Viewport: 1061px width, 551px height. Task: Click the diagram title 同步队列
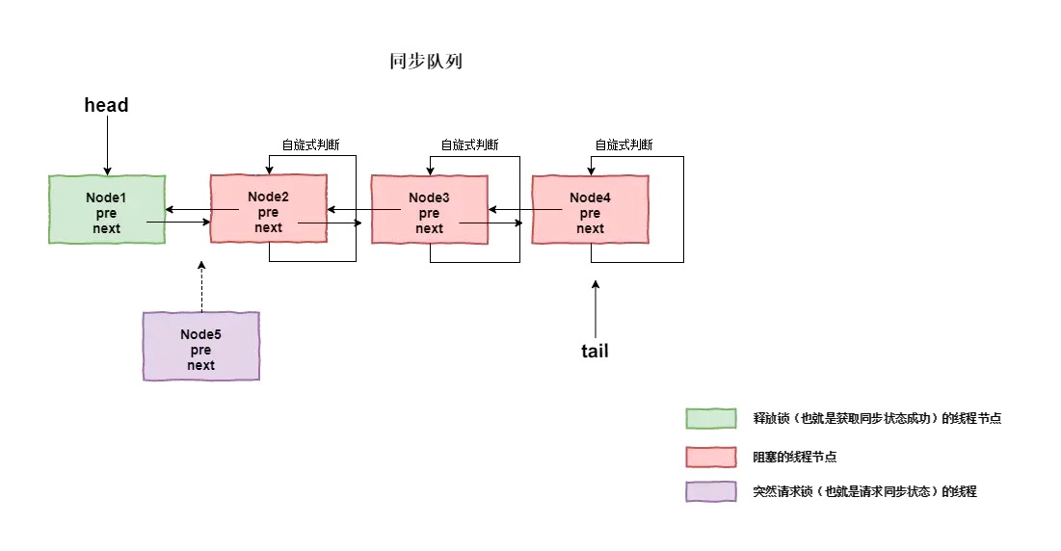427,61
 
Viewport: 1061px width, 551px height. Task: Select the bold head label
106,105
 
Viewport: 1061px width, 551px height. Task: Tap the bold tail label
595,351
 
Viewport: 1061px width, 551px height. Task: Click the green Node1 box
107,209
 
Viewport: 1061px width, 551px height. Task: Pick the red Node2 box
268,209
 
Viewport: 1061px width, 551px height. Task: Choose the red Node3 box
429,209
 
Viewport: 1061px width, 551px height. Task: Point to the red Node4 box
590,209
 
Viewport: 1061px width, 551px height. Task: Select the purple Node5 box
200,346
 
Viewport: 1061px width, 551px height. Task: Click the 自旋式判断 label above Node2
310,144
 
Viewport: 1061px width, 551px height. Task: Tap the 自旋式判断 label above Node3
469,144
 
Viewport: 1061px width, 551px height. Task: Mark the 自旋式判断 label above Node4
623,144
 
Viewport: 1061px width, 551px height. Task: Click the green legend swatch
711,418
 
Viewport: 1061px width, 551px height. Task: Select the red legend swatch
711,456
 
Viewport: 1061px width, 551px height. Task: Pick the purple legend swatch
711,491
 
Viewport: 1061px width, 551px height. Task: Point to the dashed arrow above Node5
201,286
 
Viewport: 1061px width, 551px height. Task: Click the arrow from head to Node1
107,144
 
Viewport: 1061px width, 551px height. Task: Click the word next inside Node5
201,365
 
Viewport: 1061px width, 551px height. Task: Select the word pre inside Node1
107,213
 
